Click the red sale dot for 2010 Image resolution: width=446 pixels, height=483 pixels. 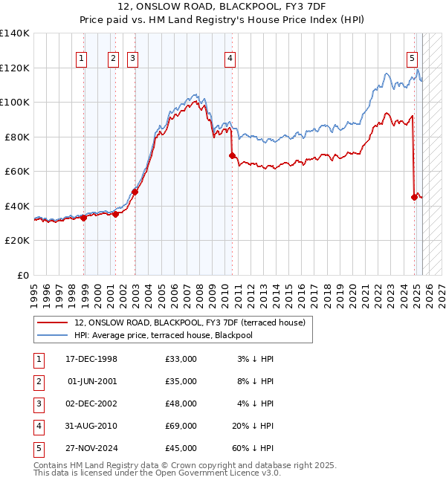(x=232, y=155)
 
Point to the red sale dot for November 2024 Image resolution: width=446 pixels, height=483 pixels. (x=414, y=197)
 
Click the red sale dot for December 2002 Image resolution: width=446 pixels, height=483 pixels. (x=135, y=192)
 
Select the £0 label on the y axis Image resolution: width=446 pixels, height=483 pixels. (x=22, y=276)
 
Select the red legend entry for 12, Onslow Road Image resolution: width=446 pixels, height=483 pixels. (x=190, y=322)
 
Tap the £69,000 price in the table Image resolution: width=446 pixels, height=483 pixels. (x=181, y=426)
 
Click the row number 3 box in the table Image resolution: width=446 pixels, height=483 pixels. (x=37, y=403)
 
